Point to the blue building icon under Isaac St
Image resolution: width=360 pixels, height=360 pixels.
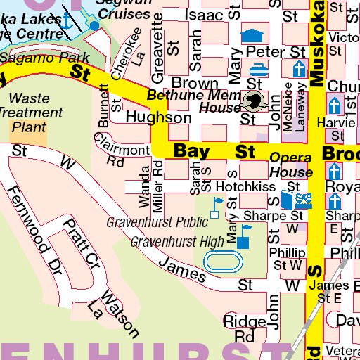[250, 34]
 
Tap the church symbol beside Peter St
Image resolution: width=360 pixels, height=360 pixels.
[299, 69]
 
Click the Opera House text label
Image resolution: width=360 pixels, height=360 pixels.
[290, 165]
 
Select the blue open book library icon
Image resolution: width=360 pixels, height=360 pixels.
[295, 200]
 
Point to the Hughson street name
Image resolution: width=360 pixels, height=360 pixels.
[158, 118]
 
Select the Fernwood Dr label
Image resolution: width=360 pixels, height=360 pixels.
[34, 221]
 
